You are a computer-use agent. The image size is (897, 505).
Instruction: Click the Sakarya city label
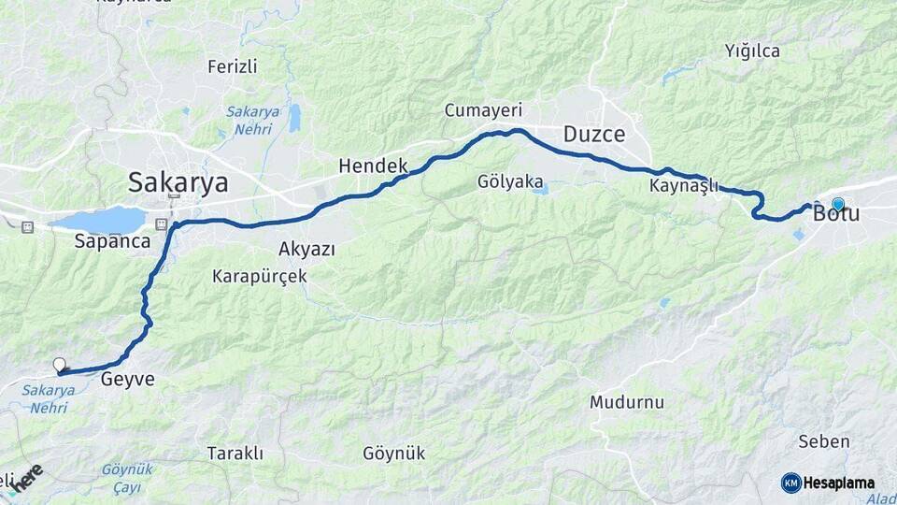tap(178, 180)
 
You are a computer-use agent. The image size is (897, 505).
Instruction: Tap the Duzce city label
tap(594, 135)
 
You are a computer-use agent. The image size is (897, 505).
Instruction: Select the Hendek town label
tap(373, 166)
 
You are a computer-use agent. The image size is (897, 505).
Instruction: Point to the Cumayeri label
tap(483, 110)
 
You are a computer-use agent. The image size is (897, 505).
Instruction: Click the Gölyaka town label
tap(510, 181)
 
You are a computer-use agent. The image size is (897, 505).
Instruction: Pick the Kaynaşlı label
tap(684, 186)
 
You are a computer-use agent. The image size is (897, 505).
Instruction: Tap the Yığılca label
tap(752, 51)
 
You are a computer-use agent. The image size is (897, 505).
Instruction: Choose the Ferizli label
tap(232, 66)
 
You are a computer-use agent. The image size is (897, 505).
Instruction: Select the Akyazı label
tap(306, 249)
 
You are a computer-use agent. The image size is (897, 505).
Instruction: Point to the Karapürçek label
tap(259, 276)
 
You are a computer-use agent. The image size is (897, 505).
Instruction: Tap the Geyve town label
tap(127, 379)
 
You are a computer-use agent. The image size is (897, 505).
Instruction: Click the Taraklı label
tap(235, 454)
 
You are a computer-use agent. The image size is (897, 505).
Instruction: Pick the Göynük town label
tap(393, 454)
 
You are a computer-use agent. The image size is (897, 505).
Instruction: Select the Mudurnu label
tap(626, 402)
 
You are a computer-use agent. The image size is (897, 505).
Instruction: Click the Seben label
tap(824, 441)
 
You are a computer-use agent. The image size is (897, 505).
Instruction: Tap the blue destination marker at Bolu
tap(838, 204)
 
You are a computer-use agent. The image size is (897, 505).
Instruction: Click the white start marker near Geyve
tap(60, 365)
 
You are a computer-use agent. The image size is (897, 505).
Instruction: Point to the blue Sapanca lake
tap(101, 221)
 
